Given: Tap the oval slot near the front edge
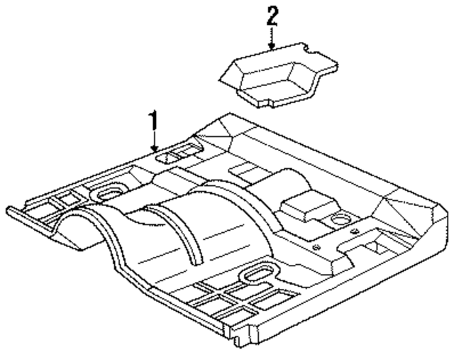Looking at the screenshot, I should [259, 272].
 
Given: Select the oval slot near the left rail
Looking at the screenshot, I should [109, 192].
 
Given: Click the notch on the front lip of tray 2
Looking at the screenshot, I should [306, 50].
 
